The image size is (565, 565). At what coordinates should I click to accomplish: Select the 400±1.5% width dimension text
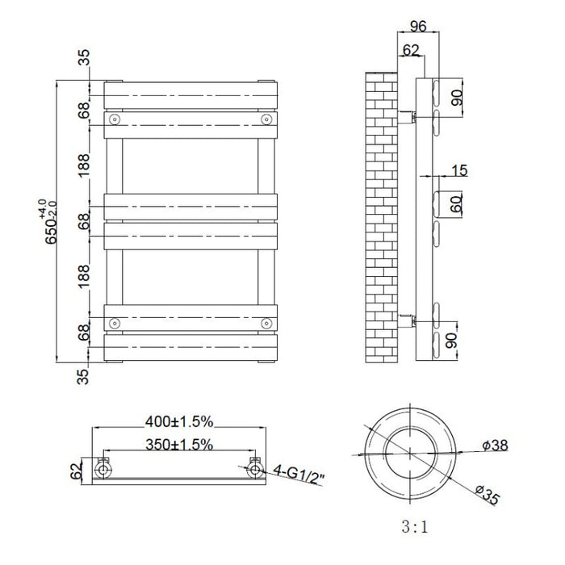179,421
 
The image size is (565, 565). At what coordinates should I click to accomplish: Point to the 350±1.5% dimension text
179,444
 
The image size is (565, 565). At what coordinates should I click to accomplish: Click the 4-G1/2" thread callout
298,471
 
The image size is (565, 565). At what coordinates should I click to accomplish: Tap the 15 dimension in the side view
458,170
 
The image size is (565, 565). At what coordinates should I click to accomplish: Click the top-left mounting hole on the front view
115,119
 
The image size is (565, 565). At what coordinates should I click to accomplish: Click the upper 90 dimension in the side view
457,98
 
